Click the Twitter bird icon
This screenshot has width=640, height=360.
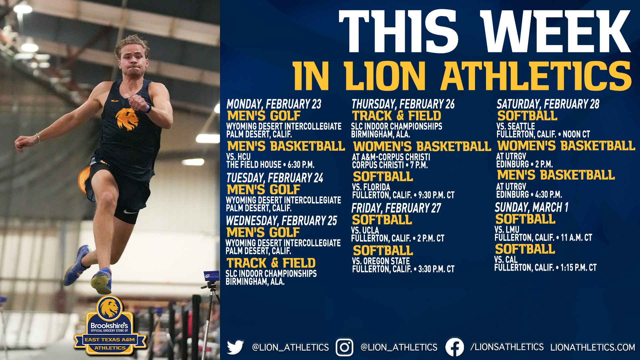tap(235, 347)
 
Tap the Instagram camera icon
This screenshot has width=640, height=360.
tap(344, 347)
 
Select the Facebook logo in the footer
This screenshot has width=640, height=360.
tap(455, 347)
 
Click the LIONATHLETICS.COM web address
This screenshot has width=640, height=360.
tap(593, 347)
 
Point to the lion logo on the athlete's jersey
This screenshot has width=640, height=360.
tap(127, 119)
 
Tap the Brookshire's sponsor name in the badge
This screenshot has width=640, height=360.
tap(109, 325)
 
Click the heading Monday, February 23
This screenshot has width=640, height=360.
tap(274, 104)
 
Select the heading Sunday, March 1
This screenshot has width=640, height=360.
tap(531, 207)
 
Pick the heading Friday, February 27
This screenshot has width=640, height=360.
tap(396, 208)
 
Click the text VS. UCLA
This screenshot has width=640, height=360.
tap(365, 230)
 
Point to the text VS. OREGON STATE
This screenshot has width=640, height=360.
tap(381, 261)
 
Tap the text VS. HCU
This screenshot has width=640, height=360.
tap(238, 157)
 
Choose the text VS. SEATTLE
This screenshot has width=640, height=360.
tap(516, 126)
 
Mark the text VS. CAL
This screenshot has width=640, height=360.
tap(506, 260)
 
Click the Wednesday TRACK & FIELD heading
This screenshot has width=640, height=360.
tap(271, 263)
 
